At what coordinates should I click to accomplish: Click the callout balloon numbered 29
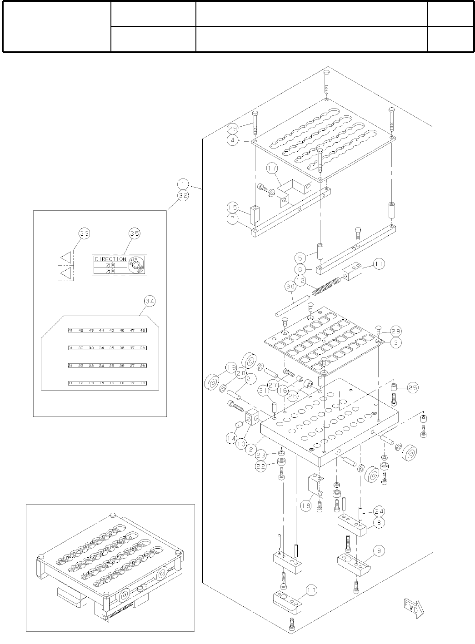tap(233, 129)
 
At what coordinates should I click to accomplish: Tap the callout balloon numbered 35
tap(135, 233)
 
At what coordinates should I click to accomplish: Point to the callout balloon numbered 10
tap(311, 590)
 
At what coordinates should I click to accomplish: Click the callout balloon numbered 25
tap(413, 388)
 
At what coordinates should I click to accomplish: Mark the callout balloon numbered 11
tap(380, 263)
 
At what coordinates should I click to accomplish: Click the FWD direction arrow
tap(413, 608)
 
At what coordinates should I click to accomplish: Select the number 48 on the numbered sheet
tap(143, 331)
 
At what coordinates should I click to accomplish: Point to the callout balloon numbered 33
tap(85, 233)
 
